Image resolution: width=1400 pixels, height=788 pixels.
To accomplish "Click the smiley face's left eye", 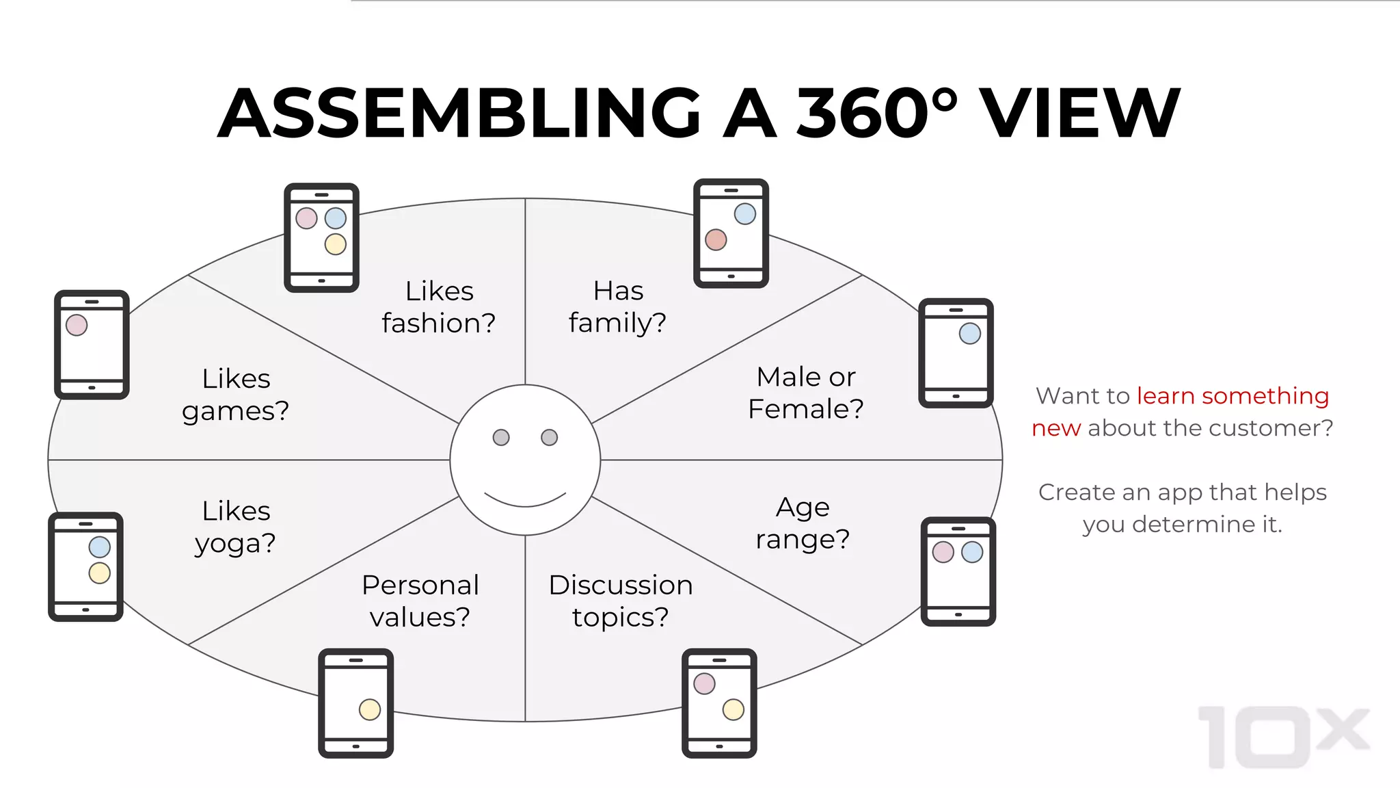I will pos(501,437).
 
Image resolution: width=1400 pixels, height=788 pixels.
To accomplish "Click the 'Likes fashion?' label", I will pos(439,307).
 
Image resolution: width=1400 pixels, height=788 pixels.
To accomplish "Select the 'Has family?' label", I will pos(617,307).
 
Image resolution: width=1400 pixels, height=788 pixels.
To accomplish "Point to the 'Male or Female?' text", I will pos(805,393).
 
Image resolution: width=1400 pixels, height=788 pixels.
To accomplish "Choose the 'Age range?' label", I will pos(803,523).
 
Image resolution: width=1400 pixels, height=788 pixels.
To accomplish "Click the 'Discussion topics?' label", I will pos(621,601).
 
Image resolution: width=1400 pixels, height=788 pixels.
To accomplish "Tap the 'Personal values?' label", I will pos(420,601).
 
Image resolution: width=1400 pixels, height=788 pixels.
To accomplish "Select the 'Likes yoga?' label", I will pos(236,527).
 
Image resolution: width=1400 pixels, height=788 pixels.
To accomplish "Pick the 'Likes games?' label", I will pos(236,395).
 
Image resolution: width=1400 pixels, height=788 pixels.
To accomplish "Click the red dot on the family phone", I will pos(716,240).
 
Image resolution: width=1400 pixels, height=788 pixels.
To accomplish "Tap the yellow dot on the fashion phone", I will pos(335,244).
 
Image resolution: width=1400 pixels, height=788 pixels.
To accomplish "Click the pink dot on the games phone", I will pos(77,325).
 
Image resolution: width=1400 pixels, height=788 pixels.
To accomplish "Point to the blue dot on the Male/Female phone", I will pos(969,334).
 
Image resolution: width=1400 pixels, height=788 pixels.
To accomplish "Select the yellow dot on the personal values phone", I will pos(370,709).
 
